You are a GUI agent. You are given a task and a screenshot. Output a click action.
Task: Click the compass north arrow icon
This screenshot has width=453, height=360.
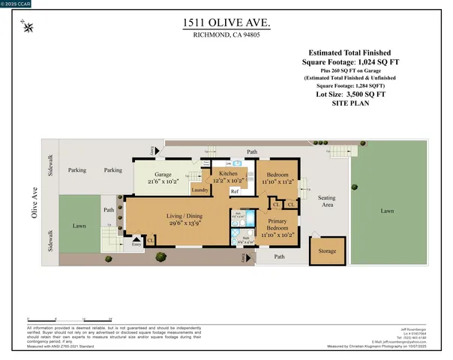click(x=28, y=28)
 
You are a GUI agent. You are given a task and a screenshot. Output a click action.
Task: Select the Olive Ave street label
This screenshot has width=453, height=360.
click(x=33, y=204)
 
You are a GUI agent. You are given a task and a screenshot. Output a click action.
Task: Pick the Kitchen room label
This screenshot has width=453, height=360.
click(x=227, y=173)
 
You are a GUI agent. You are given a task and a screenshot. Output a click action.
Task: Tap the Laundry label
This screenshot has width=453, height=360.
click(x=199, y=190)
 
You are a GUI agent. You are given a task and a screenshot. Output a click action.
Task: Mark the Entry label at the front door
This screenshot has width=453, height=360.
click(x=136, y=244)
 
